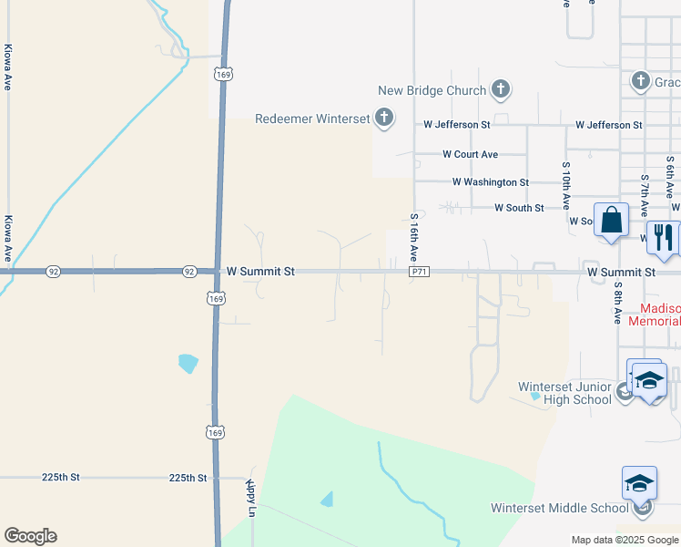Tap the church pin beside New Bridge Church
500,88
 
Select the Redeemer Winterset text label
312,119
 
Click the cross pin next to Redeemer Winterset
384,117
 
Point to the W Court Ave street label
470,155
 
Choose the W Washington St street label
490,182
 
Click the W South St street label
519,208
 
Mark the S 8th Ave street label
617,303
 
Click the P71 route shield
419,272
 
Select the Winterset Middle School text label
559,508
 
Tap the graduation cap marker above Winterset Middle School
639,482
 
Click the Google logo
30,536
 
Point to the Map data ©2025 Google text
625,540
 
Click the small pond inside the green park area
326,499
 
